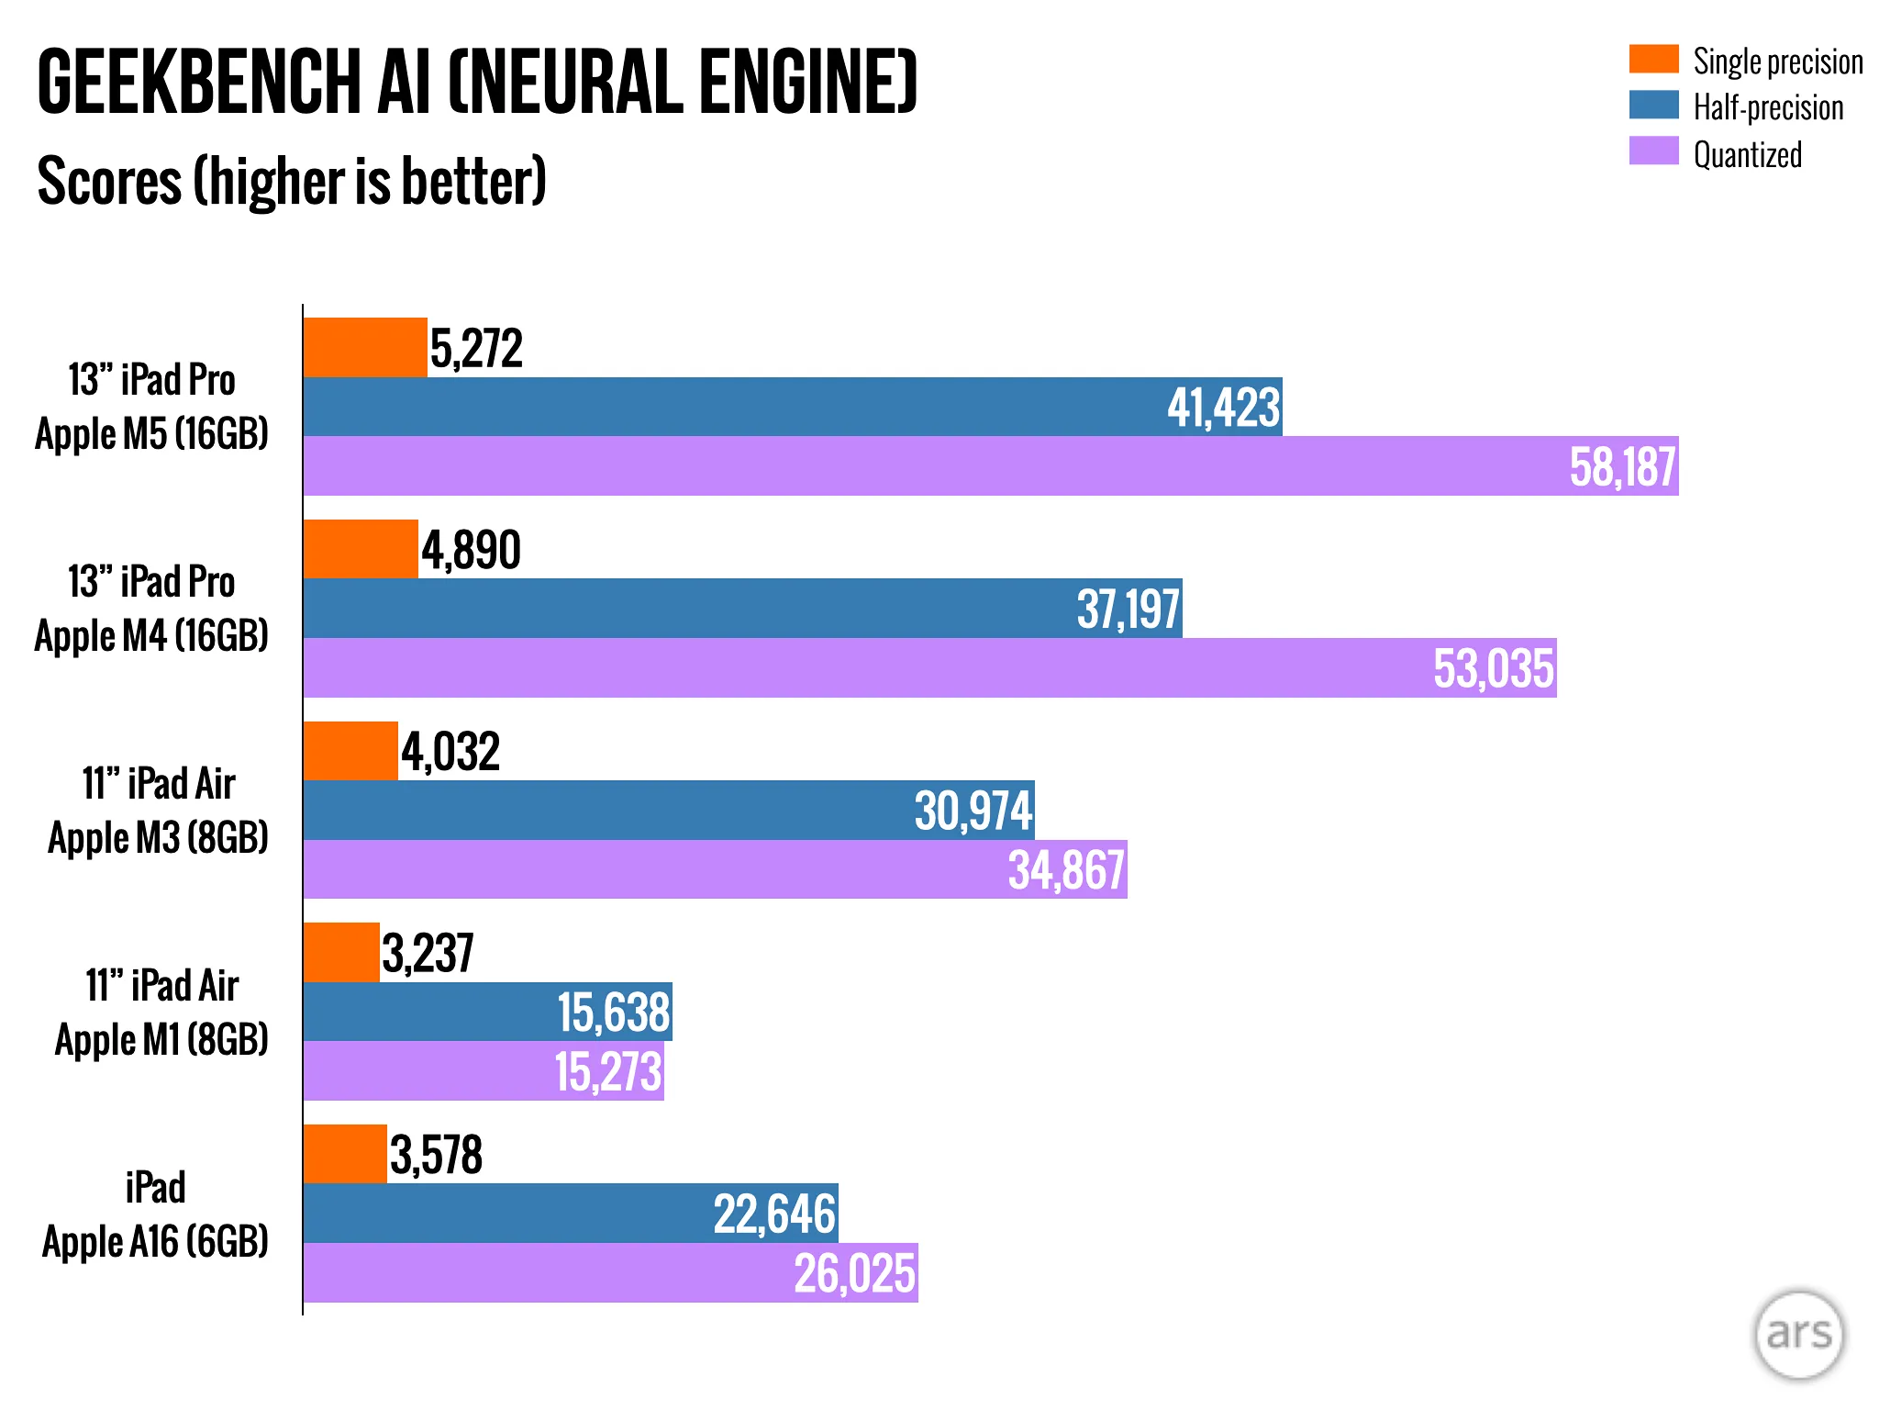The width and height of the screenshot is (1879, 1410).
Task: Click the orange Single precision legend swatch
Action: (1653, 59)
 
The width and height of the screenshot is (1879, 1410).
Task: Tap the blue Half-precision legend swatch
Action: (1653, 105)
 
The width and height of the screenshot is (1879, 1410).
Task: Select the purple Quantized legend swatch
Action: (1653, 151)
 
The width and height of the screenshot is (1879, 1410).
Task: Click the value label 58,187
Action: (1622, 467)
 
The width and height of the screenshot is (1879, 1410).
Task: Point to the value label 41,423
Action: (1223, 408)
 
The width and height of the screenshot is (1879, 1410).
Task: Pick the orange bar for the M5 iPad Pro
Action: (365, 348)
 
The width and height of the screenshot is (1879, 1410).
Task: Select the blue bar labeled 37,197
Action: (688, 609)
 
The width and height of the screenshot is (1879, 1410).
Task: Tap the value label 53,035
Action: (1494, 668)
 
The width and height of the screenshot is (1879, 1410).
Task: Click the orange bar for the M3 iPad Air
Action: (350, 752)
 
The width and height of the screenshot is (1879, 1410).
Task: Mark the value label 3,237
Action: (428, 954)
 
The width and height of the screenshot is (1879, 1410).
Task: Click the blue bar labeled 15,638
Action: (431, 1013)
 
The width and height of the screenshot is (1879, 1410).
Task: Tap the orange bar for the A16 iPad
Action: (345, 1155)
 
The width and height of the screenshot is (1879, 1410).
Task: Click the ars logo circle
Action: (1798, 1335)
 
